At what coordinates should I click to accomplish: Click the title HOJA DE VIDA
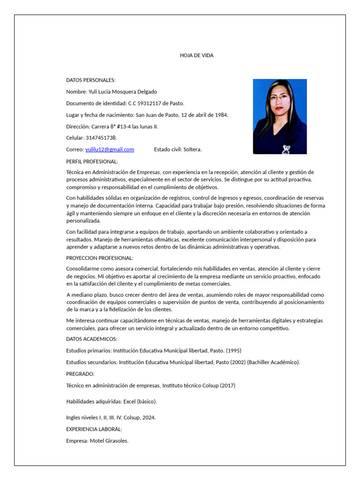pos(196,55)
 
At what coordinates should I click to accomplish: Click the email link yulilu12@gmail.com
pos(110,150)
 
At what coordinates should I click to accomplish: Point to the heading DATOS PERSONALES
pos(90,80)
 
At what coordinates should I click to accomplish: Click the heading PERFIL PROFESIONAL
pos(92,161)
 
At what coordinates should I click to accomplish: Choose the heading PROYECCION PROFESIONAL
pos(99,258)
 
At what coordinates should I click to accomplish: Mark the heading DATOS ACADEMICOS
pos(91,339)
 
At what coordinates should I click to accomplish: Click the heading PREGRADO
pos(80,374)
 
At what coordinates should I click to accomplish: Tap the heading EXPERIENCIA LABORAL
pos(94,429)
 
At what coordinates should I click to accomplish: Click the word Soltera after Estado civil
pos(192,150)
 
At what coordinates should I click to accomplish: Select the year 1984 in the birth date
pos(221,115)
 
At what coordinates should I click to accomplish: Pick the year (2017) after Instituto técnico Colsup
pos(227,386)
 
